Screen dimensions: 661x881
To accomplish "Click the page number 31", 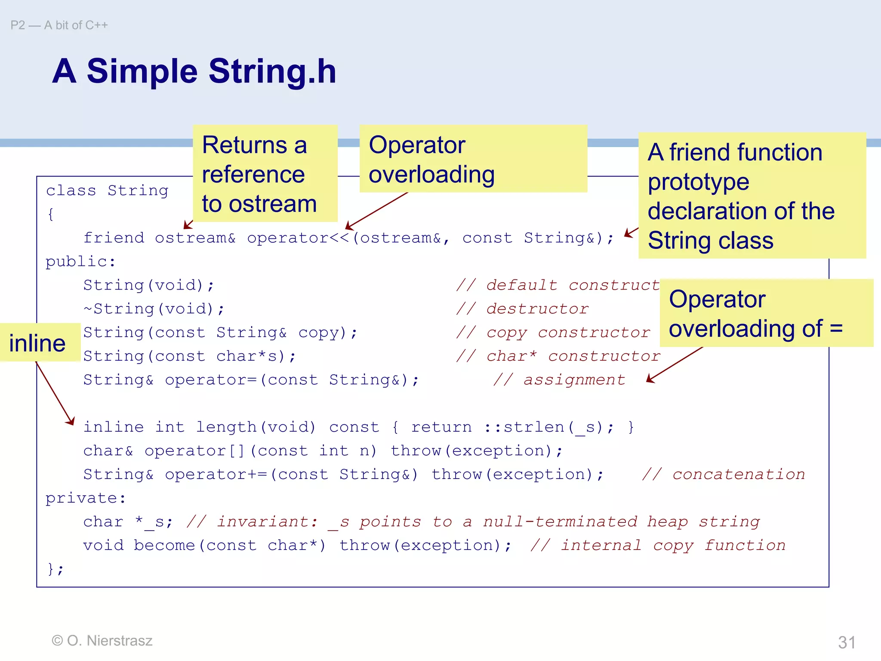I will pos(847,642).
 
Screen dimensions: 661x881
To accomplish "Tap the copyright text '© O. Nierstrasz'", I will pos(102,640).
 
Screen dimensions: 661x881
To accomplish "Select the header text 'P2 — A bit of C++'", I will pos(59,25).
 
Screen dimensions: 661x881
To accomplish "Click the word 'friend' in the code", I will pos(114,238).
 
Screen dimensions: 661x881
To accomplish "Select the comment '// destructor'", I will pos(522,309).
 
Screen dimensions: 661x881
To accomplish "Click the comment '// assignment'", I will pos(559,380).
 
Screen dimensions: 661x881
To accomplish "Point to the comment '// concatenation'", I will pos(723,474).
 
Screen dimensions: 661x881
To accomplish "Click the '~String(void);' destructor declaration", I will pos(154,309).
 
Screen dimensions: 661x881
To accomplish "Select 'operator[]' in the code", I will pos(194,451).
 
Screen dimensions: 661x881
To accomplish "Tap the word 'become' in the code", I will pos(164,545).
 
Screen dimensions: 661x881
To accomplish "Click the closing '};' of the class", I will pos(55,569).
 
